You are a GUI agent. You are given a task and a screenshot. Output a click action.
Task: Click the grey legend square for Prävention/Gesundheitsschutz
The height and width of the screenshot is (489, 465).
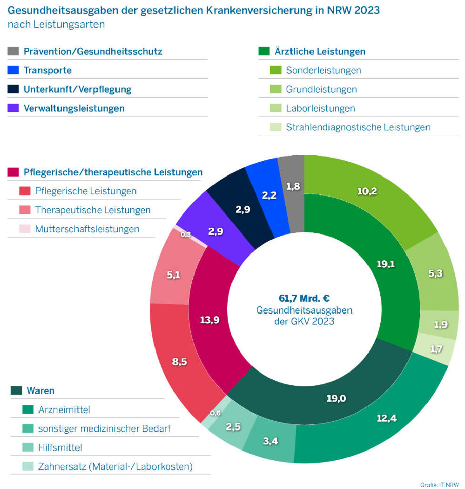[x=13, y=52]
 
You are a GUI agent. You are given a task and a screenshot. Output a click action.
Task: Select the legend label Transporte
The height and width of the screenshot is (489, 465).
[x=47, y=71]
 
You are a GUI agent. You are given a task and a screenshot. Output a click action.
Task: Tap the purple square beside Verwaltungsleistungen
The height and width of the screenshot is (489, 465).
[x=13, y=108]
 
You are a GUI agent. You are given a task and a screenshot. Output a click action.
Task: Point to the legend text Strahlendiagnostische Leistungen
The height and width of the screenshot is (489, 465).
[x=358, y=127]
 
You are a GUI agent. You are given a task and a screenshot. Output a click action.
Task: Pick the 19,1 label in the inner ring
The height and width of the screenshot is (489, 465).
[x=386, y=264]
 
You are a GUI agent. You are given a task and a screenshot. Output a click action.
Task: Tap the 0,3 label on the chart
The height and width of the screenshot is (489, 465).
[x=186, y=235]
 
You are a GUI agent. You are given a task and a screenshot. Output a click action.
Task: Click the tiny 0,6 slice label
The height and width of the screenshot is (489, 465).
[x=216, y=412]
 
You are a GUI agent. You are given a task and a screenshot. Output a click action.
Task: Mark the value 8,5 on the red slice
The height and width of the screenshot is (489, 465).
[x=179, y=361]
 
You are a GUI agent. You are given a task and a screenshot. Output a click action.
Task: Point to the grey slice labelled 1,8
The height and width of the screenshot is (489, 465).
[x=292, y=186]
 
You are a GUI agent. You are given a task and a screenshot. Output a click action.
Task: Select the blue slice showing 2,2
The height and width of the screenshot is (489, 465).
[x=269, y=195]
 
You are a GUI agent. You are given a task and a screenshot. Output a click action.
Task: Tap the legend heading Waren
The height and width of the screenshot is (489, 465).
[x=40, y=391]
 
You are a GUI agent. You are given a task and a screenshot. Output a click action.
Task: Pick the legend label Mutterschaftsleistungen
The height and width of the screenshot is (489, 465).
[x=87, y=229]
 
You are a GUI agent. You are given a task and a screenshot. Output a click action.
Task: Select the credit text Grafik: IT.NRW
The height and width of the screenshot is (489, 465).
[x=439, y=484]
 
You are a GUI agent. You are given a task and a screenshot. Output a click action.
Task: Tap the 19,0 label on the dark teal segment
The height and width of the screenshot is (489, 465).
[x=336, y=398]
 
